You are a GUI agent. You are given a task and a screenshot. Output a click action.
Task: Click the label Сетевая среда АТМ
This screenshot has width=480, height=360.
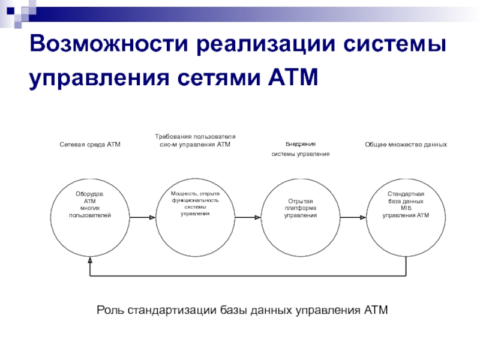tap(90, 145)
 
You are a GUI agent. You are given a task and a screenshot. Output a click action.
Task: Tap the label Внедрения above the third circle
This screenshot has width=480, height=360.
tap(300, 145)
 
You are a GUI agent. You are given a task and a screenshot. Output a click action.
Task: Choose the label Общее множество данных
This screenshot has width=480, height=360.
tap(406, 145)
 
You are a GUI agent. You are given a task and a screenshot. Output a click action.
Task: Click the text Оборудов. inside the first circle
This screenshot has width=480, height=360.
tap(90, 194)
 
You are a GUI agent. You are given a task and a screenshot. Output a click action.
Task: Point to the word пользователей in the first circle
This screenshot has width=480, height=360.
tap(90, 215)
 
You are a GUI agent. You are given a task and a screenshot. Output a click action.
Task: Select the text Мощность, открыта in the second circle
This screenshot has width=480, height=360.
tap(195, 193)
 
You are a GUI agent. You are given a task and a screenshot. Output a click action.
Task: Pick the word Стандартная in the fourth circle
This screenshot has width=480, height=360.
tap(406, 194)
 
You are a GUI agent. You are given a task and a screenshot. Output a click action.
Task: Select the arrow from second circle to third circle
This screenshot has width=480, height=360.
tap(247, 217)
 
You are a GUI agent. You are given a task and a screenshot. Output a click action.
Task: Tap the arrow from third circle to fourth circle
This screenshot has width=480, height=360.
tap(353, 217)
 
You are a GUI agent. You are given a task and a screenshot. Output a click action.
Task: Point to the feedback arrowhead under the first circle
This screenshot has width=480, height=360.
tap(90, 261)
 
